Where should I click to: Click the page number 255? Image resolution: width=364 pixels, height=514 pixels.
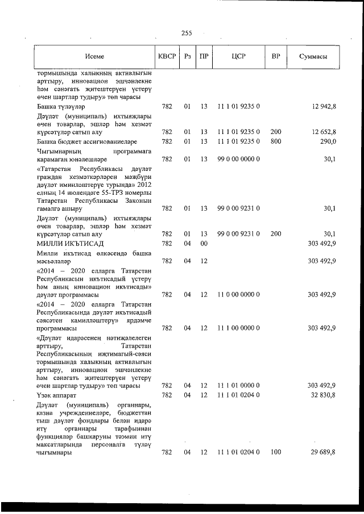pos(186,33)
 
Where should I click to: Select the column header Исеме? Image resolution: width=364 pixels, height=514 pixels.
pos(94,57)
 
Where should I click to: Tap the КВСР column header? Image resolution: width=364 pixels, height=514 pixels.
pos(167,57)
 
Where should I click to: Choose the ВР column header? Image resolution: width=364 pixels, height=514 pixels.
pos(276,57)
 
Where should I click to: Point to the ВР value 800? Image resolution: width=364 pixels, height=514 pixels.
pos(276,141)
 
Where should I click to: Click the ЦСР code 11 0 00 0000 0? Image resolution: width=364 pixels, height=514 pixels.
pos(238,294)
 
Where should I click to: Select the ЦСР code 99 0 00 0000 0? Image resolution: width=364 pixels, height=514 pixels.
pos(238,159)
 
